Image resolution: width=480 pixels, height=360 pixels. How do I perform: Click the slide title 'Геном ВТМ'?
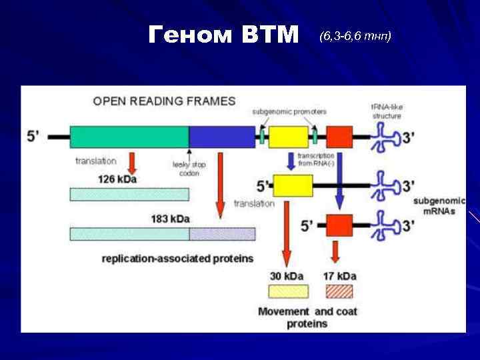click(x=223, y=34)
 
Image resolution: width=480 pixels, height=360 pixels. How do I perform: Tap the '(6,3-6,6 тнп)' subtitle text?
click(x=355, y=35)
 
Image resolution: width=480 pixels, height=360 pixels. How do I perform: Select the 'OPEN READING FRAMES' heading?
click(x=164, y=101)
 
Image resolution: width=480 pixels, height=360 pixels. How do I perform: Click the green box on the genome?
click(x=129, y=137)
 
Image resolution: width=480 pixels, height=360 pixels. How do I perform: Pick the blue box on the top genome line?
click(x=222, y=137)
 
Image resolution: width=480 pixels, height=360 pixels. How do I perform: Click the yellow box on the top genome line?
click(x=288, y=137)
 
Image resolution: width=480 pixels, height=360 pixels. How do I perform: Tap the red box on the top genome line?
click(x=339, y=137)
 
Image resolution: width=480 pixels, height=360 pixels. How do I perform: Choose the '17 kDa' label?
click(x=339, y=276)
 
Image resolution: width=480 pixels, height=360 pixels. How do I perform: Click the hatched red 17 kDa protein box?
click(x=339, y=291)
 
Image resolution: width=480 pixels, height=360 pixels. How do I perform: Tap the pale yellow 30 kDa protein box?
click(x=288, y=291)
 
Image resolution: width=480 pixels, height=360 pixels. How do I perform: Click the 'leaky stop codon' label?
click(x=189, y=169)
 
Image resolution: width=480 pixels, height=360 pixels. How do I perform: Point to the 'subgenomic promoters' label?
click(x=280, y=111)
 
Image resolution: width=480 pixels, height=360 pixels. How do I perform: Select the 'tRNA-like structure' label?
click(x=386, y=111)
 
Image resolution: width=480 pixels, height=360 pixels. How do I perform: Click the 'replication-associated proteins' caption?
click(x=177, y=258)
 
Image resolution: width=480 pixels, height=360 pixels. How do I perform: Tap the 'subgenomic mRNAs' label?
click(x=435, y=205)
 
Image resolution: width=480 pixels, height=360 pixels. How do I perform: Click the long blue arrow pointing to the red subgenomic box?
click(x=339, y=180)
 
